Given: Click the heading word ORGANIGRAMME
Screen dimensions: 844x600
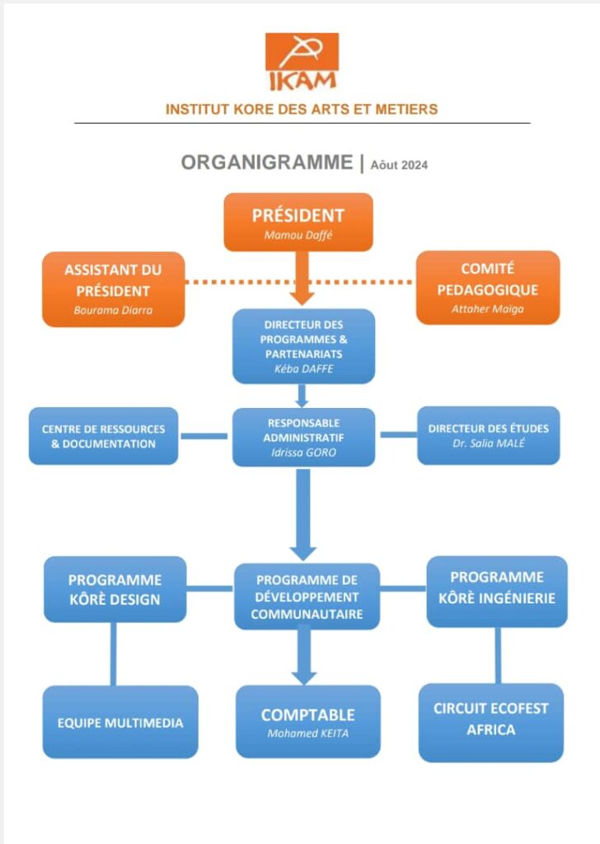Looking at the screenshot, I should click(x=266, y=163).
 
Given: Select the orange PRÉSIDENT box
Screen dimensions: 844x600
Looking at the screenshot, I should click(x=298, y=222).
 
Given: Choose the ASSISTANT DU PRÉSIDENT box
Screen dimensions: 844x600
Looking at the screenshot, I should click(x=114, y=288).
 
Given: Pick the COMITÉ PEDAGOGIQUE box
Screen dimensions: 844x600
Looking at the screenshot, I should click(x=488, y=288).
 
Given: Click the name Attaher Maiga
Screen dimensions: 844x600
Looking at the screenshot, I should click(x=488, y=308).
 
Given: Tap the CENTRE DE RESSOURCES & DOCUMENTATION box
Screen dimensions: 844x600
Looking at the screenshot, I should click(x=103, y=436).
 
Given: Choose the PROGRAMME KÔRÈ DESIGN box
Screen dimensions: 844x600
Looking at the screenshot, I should click(x=115, y=589).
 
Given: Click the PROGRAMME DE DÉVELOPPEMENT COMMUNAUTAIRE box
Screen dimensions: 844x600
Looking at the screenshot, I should click(x=307, y=597).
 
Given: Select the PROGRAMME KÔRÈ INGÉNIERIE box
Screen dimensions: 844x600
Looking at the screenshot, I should click(x=497, y=589).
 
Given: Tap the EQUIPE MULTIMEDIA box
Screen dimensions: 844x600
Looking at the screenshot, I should click(x=120, y=723).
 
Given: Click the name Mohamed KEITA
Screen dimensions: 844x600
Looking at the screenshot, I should click(x=308, y=734).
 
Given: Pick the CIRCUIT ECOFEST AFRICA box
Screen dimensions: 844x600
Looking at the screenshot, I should click(x=491, y=720).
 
